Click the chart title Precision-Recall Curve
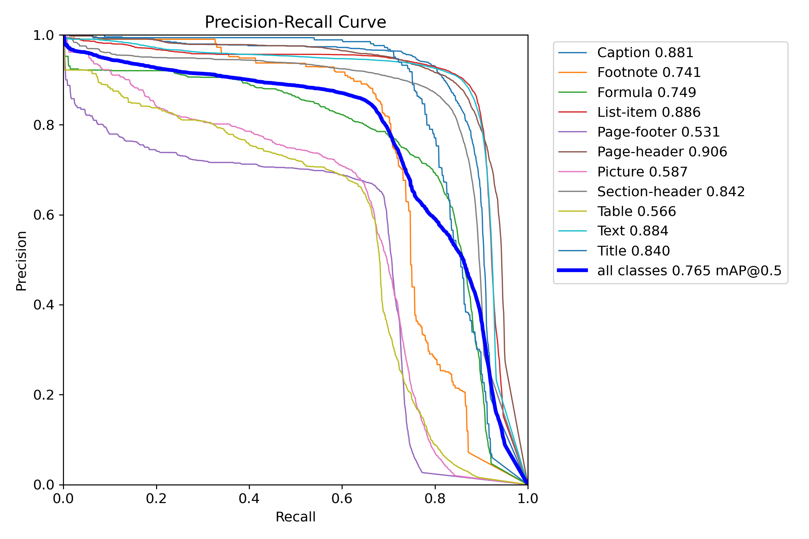pos(295,22)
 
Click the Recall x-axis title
pos(295,517)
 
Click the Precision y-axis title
pos(22,261)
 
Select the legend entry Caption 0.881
pos(645,53)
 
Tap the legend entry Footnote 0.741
pos(649,73)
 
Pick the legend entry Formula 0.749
pos(646,93)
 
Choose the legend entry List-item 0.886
pos(649,112)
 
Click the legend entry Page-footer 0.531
pos(658,132)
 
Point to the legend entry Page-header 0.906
pos(662,152)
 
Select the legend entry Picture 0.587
pos(642,172)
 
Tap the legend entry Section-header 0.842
pos(671,192)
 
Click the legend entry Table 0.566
pos(636,212)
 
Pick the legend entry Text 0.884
pos(632,231)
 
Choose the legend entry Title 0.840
pos(634,251)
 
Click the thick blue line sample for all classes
pos(572,270)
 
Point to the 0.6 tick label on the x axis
pos(342,499)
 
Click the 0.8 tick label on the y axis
pos(44,125)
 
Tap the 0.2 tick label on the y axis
pos(44,395)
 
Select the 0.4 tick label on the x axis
pos(249,499)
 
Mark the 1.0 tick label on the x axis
pos(527,499)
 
